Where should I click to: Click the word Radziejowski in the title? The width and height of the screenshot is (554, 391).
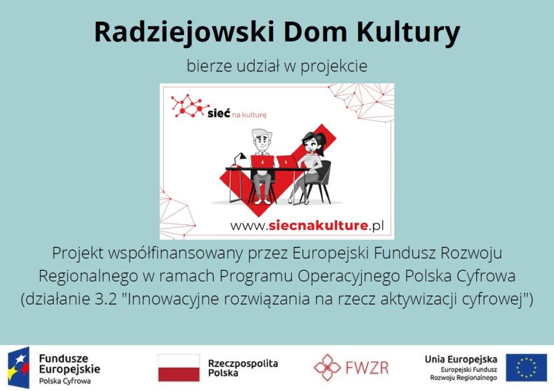click(184, 32)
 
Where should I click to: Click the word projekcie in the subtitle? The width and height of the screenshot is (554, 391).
click(334, 66)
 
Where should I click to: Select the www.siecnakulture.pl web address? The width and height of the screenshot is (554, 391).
click(307, 225)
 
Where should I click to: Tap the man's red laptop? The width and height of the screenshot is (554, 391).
click(262, 162)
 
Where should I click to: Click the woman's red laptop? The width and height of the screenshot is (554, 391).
click(287, 162)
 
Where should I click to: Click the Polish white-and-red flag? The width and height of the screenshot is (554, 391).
click(179, 368)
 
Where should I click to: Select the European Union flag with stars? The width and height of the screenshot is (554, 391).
click(526, 368)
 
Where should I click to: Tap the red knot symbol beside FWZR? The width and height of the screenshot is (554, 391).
click(327, 368)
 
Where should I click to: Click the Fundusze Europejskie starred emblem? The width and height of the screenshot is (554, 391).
click(19, 368)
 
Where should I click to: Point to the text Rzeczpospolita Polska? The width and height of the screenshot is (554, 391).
click(243, 368)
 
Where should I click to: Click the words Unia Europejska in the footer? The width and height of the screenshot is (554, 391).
click(461, 360)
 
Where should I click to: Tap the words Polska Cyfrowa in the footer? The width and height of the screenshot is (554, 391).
click(65, 381)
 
